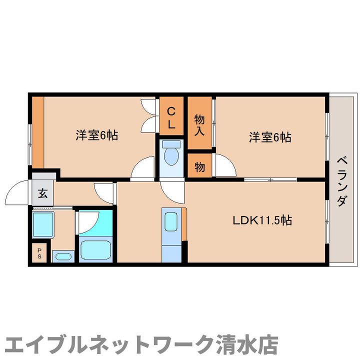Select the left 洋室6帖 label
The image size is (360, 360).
click(x=97, y=135)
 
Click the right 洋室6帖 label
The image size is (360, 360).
click(x=270, y=136)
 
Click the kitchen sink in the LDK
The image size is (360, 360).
click(x=171, y=220)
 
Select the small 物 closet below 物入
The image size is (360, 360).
click(x=199, y=167)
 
